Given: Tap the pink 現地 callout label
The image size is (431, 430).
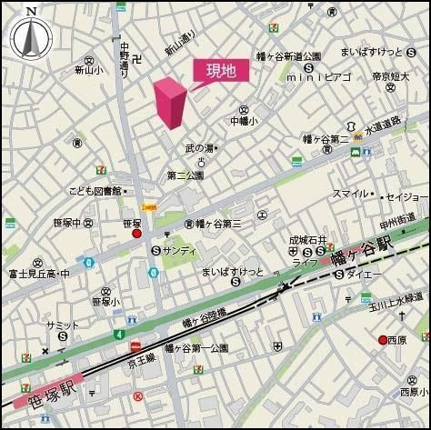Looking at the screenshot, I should click(219, 71).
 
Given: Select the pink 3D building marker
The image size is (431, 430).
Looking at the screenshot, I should click(171, 103).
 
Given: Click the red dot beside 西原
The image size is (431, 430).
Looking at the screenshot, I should click(383, 340).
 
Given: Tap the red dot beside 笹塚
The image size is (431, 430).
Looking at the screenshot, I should click(137, 234).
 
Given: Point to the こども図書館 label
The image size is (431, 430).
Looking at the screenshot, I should click(95, 191).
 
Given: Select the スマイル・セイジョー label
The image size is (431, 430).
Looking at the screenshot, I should click(379, 195).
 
